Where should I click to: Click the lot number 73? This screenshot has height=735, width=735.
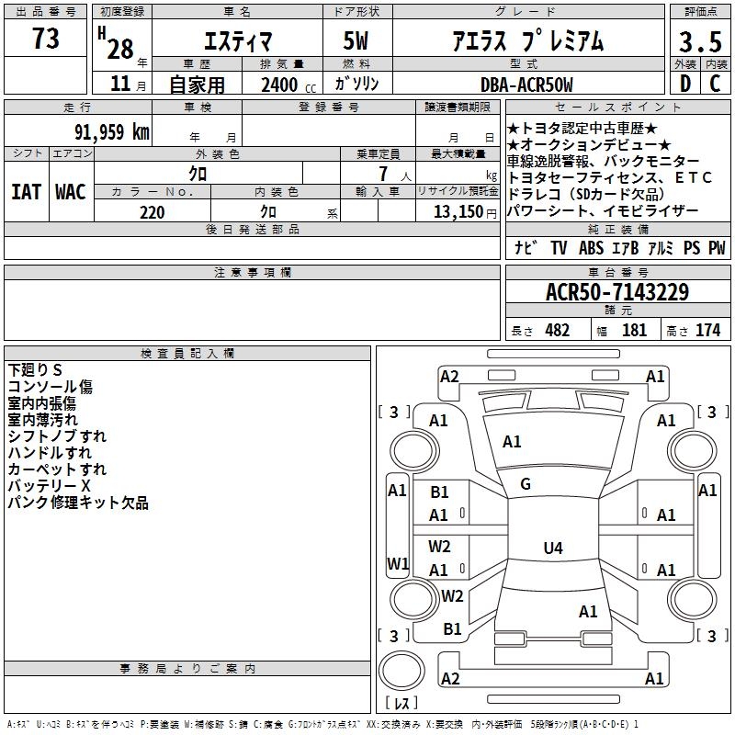point(46,38)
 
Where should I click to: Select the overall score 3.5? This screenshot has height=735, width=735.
point(700,41)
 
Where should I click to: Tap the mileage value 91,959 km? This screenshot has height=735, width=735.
point(112,131)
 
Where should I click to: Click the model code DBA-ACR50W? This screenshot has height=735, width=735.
point(526,85)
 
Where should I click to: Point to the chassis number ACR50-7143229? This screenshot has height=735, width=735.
point(617,291)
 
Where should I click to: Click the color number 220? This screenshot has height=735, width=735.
point(153,212)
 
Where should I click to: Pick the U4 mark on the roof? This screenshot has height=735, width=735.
point(553,548)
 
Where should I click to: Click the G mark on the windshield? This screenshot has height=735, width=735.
point(526,484)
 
